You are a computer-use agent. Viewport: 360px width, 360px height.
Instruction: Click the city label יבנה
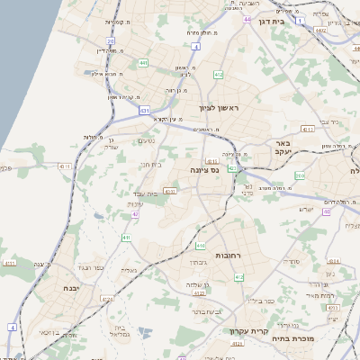[x=71, y=288]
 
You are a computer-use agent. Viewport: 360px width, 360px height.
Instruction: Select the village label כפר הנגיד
[x=93, y=267]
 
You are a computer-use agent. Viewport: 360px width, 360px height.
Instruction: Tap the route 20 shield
[x=110, y=41]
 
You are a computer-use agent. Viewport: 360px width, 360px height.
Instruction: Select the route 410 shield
[x=201, y=244]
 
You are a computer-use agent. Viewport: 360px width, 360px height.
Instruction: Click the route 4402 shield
[x=321, y=30]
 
